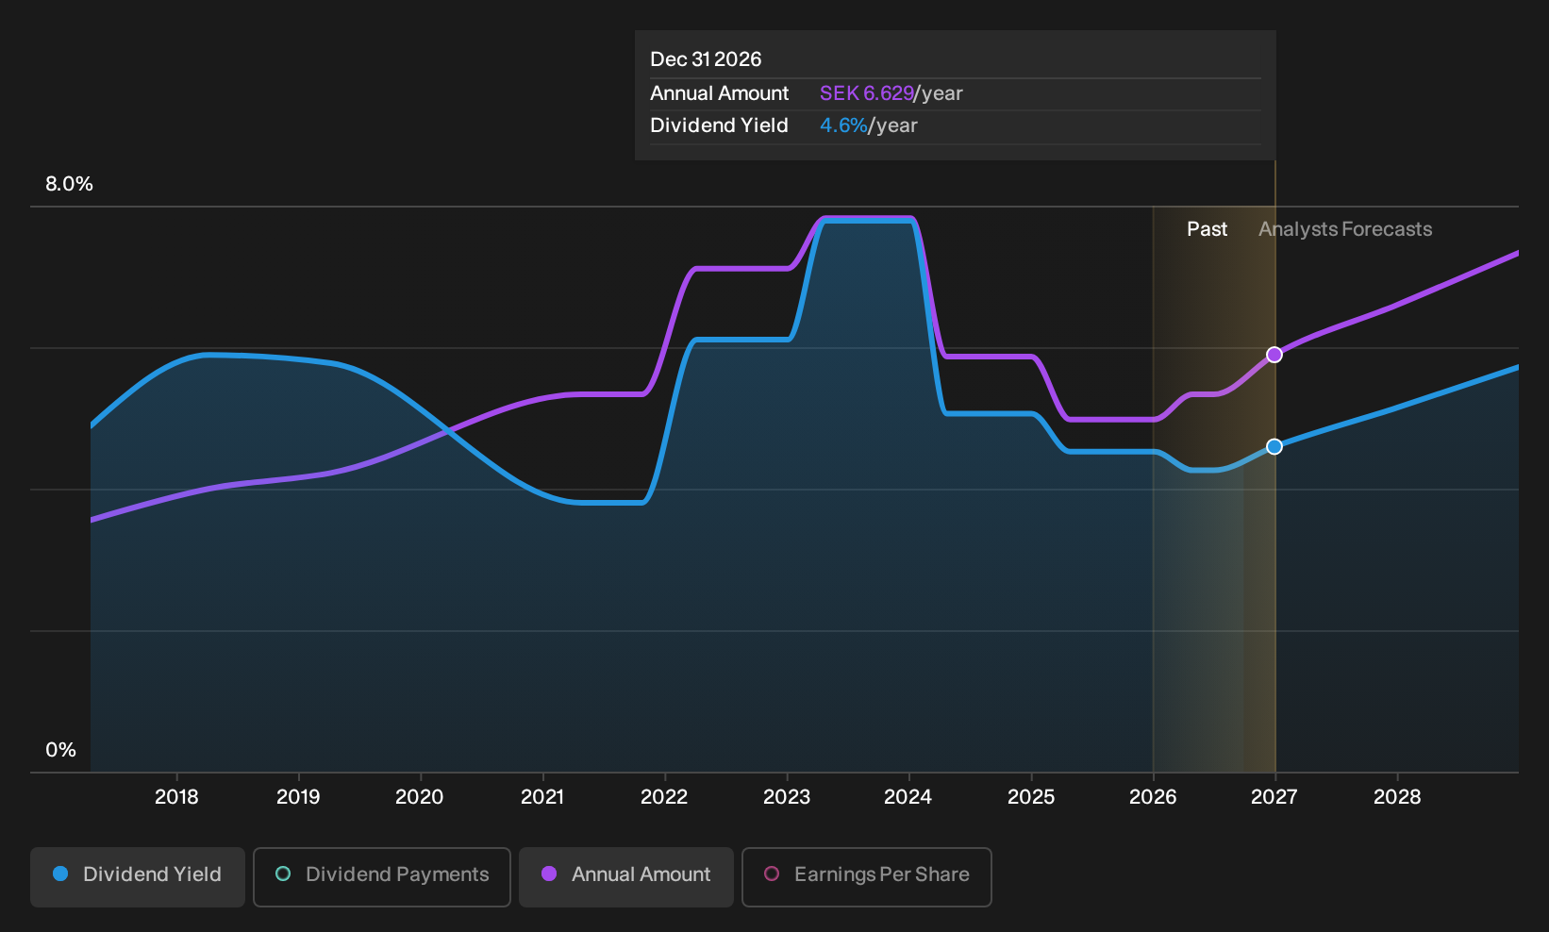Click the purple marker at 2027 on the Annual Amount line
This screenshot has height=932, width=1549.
tap(1274, 355)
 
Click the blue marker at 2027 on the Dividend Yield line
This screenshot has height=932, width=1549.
tap(1274, 446)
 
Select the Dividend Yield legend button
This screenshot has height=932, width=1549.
tap(138, 876)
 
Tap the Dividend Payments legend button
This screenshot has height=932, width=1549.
tap(382, 876)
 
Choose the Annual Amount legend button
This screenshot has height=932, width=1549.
tap(625, 876)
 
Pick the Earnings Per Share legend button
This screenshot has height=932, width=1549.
tap(866, 876)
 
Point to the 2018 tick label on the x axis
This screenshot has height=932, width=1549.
tap(176, 797)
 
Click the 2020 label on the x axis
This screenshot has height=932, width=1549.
tap(420, 797)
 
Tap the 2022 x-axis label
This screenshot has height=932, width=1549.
tap(664, 797)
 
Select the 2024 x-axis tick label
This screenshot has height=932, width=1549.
tap(908, 797)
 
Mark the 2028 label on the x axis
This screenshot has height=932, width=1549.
tap(1397, 797)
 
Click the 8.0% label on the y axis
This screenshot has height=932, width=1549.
tap(69, 184)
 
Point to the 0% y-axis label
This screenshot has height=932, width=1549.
tap(61, 750)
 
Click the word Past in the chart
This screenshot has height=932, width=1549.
tap(1207, 229)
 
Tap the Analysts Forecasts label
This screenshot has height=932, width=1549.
tap(1345, 229)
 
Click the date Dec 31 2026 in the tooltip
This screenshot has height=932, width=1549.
tap(706, 59)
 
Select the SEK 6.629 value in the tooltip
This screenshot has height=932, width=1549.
tap(866, 93)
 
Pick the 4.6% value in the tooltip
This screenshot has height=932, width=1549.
tap(843, 125)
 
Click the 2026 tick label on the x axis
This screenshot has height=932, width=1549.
tap(1153, 797)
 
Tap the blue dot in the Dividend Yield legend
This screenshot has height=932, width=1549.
tap(61, 874)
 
